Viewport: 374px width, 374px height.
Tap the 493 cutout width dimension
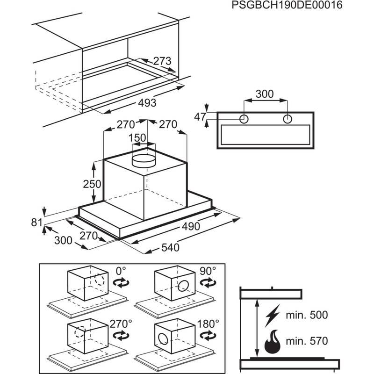click(146, 102)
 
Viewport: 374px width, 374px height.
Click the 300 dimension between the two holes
click(265, 93)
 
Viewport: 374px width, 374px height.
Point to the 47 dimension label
click(200, 117)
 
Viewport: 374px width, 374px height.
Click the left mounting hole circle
click(244, 119)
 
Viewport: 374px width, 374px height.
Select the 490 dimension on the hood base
click(191, 227)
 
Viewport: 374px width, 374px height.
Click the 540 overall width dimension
click(170, 247)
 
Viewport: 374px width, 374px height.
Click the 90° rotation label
click(208, 271)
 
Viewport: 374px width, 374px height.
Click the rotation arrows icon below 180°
click(207, 335)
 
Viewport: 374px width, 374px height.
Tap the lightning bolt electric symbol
click(273, 316)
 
